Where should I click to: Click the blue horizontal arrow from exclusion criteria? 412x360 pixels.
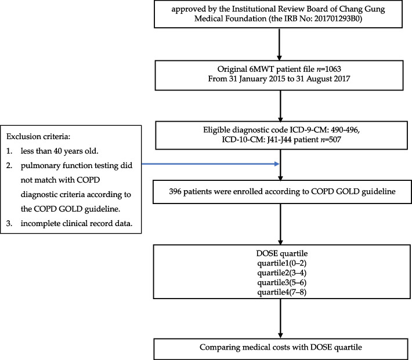click(211, 165)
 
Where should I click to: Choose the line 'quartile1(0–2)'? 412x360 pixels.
click(280, 262)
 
